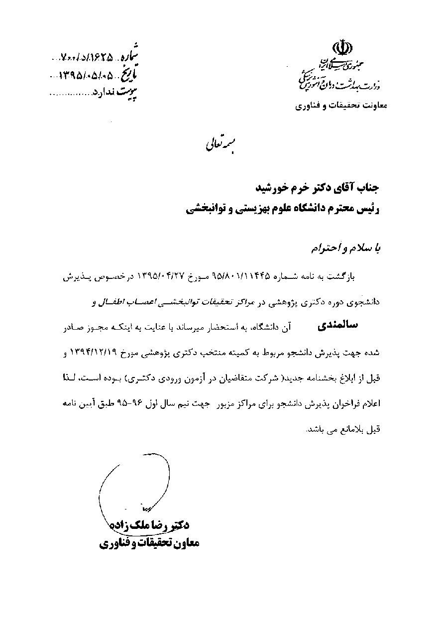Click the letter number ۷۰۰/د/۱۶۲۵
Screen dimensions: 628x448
click(x=88, y=57)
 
